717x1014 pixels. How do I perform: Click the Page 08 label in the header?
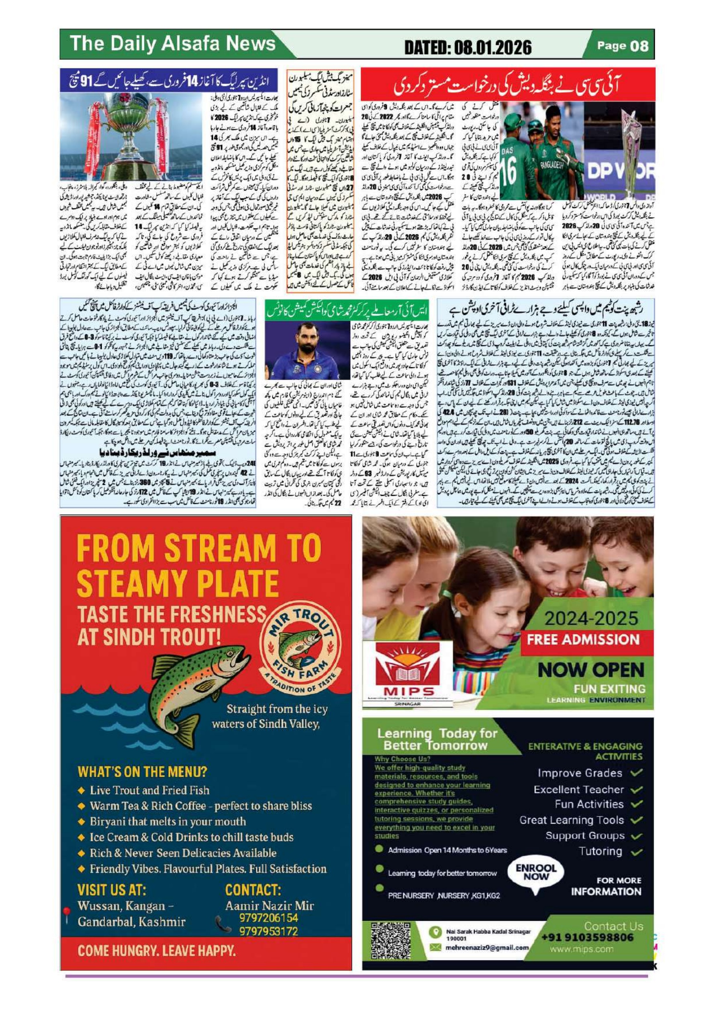[622, 45]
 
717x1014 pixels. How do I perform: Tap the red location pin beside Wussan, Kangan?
[67, 913]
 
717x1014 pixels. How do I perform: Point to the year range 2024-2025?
[592, 619]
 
